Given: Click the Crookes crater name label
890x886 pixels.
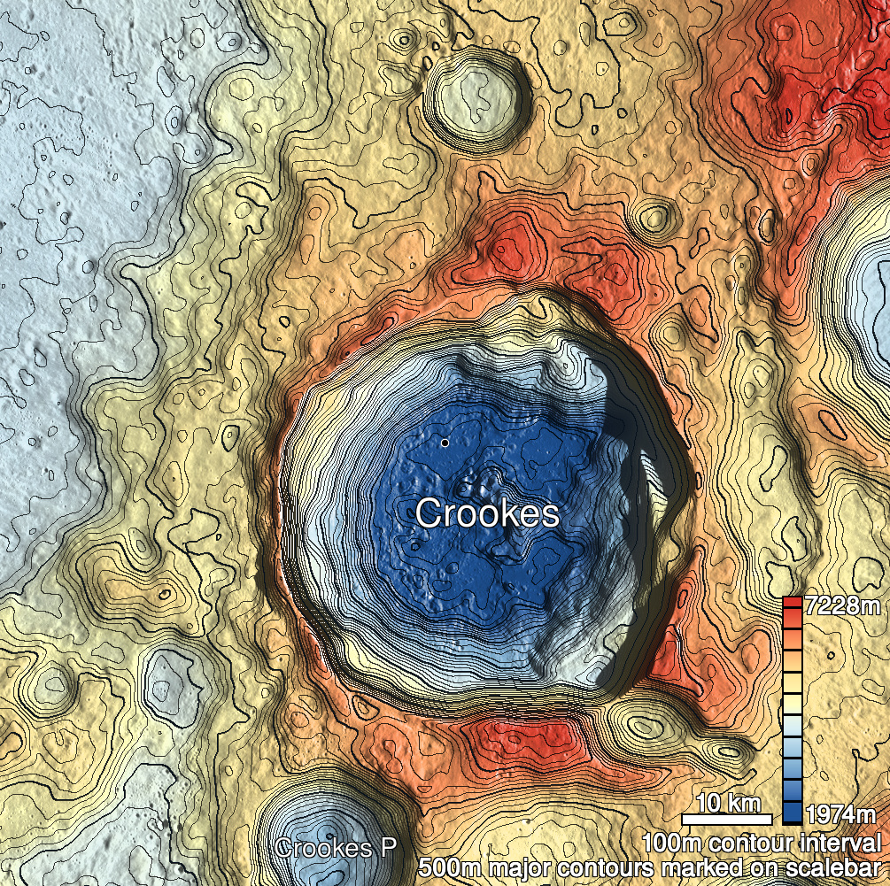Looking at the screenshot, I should [x=487, y=513].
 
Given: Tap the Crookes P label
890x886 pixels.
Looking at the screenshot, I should [x=336, y=847].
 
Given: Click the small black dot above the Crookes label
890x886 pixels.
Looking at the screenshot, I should [x=445, y=442].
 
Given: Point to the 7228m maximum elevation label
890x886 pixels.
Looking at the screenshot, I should [x=844, y=607].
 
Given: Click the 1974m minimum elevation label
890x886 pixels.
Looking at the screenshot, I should [x=844, y=813].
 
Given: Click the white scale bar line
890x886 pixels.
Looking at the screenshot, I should [x=727, y=816].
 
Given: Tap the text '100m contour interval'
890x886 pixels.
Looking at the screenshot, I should [x=762, y=842].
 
